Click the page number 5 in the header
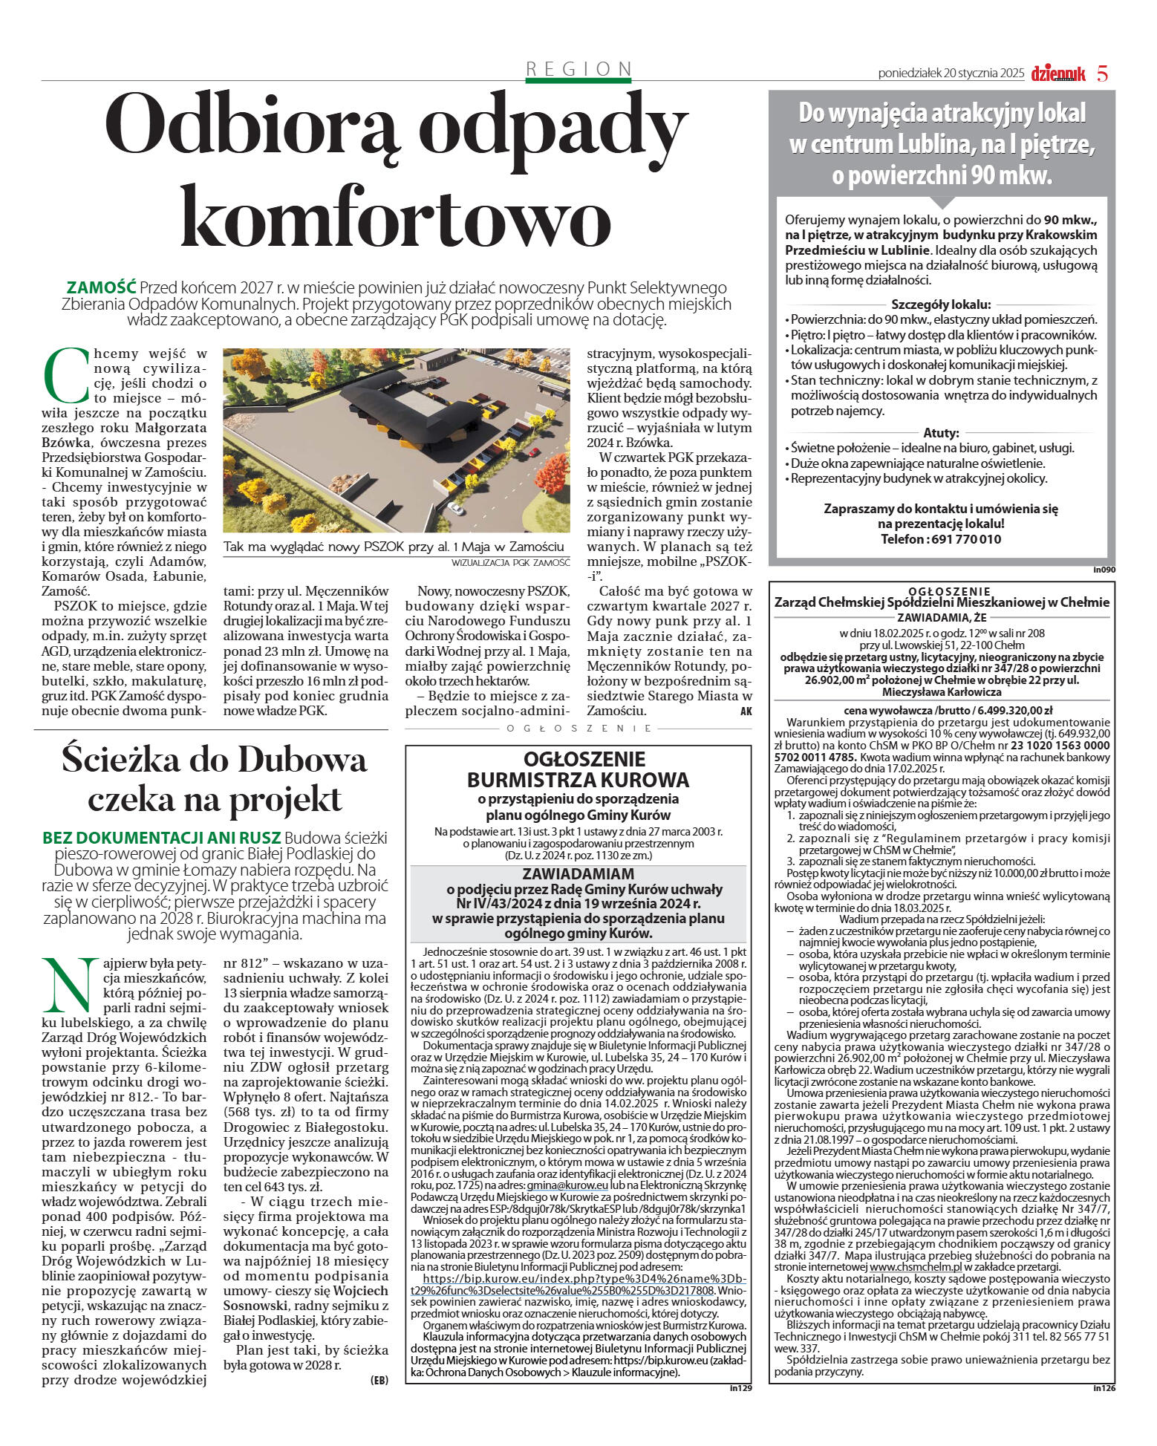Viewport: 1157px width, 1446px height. point(1102,74)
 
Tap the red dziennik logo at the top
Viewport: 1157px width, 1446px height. point(1058,74)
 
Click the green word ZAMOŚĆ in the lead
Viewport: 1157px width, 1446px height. point(102,287)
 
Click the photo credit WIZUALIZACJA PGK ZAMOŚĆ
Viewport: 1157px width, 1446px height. point(510,563)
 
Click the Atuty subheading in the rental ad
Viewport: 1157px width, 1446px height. point(941,433)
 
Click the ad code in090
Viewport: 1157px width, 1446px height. point(1104,570)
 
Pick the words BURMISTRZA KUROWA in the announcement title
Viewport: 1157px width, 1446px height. point(578,780)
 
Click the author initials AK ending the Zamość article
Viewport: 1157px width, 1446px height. point(746,711)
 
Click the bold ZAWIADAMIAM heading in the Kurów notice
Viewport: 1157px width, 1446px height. point(578,874)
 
